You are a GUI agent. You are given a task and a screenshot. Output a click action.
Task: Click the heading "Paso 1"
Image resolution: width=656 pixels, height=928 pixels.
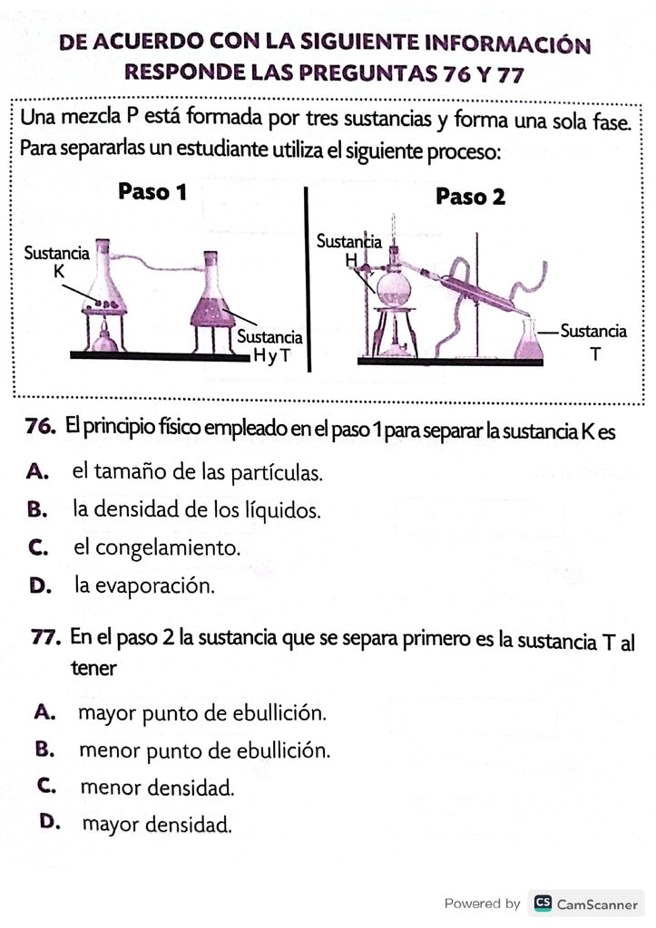coord(152,192)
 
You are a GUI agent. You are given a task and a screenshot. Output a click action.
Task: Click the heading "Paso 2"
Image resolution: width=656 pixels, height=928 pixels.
coord(471,197)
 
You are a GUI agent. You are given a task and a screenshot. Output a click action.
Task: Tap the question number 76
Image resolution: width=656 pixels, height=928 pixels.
coord(41,427)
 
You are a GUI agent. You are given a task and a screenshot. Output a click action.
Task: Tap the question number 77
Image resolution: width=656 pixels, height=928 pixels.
coord(45,638)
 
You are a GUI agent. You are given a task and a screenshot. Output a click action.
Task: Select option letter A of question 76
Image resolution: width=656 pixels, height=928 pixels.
coord(37,471)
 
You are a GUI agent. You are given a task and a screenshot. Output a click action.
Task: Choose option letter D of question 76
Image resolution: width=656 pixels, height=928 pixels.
coord(40,585)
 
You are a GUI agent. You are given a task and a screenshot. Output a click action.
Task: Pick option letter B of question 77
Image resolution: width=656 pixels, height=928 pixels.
coord(45,749)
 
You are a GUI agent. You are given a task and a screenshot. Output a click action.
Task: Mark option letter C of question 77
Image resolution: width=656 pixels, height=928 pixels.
coord(46,786)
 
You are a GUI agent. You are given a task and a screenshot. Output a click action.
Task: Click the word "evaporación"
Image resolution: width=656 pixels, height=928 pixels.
coord(154,586)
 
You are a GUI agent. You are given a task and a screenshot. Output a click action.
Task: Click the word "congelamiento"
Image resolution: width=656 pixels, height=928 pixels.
coord(167,548)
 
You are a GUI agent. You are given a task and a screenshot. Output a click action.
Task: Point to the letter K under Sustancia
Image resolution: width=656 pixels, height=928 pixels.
coord(59,272)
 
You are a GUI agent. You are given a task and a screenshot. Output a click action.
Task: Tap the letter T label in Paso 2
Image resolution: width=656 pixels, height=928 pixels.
coord(595,354)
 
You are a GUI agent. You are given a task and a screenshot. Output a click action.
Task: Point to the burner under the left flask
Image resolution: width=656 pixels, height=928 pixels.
coord(105,338)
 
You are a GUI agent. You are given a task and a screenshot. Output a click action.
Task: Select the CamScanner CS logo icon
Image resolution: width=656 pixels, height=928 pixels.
coord(543,904)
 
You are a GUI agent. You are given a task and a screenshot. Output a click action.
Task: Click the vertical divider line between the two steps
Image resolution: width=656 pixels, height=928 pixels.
coord(308,279)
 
